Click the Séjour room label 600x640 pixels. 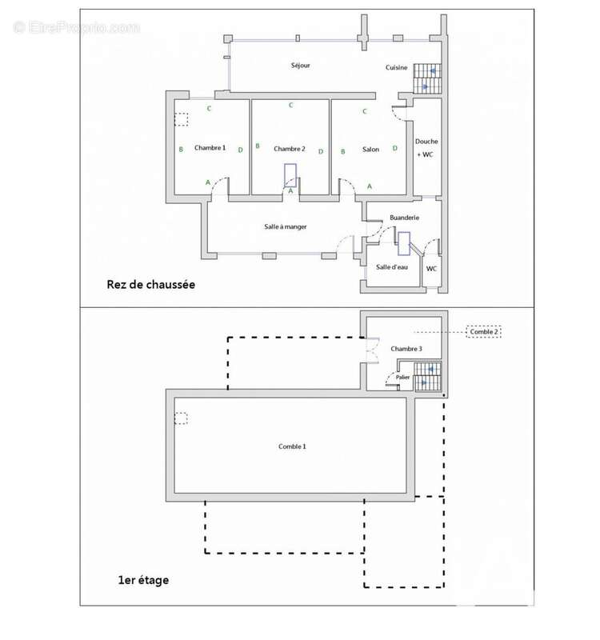point(301,66)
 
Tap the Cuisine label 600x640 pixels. point(396,67)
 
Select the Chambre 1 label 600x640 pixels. point(210,148)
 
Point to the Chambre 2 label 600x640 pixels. point(290,149)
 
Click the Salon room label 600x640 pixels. point(370,150)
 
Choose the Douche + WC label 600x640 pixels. point(426,148)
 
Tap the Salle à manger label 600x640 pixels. point(286,226)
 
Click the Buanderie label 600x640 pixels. point(404,218)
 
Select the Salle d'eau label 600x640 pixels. point(392,267)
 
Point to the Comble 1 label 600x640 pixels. point(292,446)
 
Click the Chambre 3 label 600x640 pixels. point(406,349)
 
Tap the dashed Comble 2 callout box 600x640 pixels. point(484,332)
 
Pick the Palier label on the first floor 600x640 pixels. point(402,377)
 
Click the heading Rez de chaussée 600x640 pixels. point(150,285)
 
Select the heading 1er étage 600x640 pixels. point(143,580)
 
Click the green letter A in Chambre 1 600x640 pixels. point(208,182)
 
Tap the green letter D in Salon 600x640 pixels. point(394,148)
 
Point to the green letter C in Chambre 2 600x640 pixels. point(290,105)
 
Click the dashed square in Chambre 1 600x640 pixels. point(182,119)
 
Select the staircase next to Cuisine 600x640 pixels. point(427,78)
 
